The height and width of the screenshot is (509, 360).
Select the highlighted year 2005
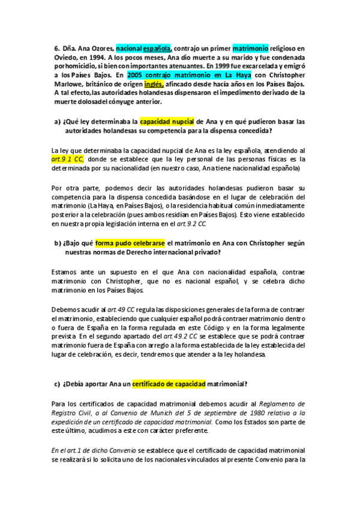coord(139,75)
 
